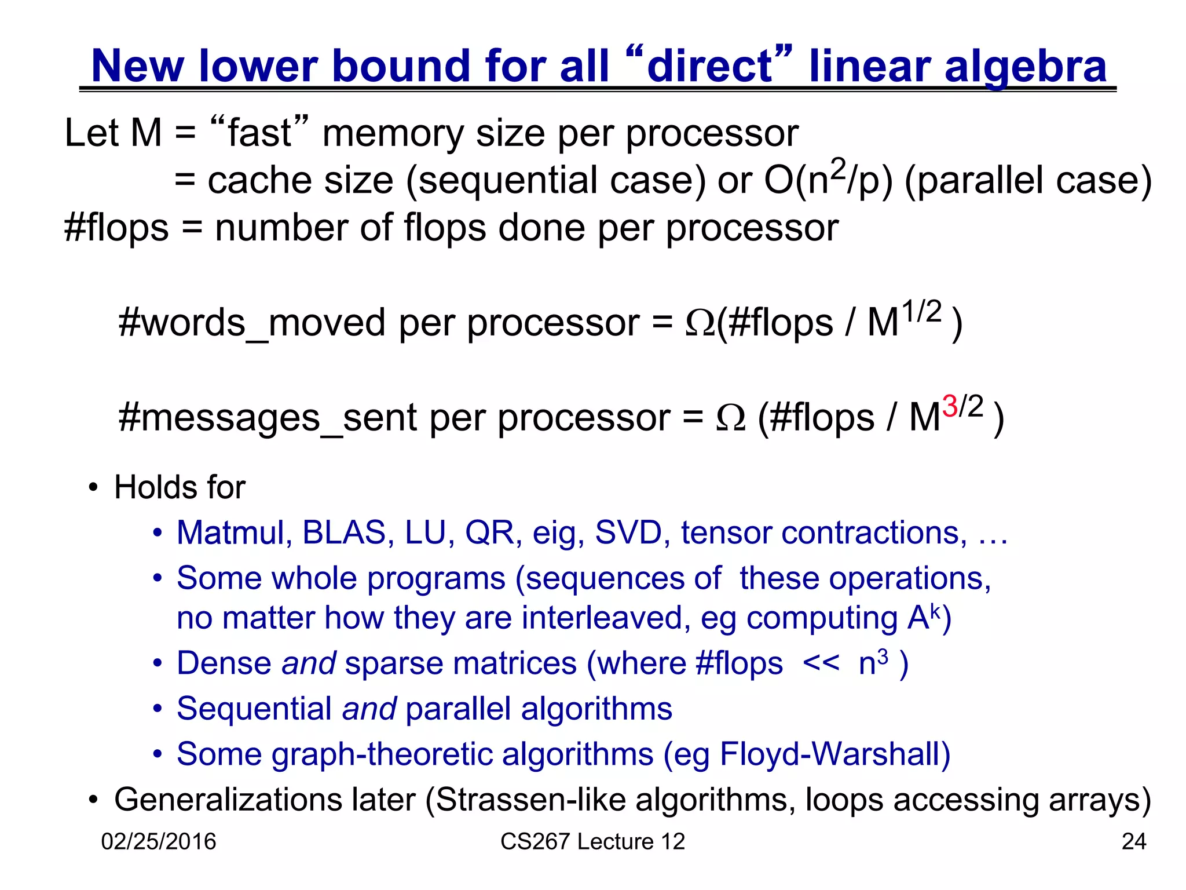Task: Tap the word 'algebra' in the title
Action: (x=1025, y=67)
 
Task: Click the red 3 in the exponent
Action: (x=949, y=406)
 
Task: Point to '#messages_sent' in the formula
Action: (x=267, y=417)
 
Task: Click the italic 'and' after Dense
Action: (x=308, y=663)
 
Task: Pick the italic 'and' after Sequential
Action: (x=369, y=709)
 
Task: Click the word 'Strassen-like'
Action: (x=530, y=800)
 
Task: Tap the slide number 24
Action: (x=1133, y=841)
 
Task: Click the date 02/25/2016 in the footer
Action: (x=158, y=841)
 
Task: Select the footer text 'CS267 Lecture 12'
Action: (x=592, y=841)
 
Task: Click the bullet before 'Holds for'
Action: (x=93, y=488)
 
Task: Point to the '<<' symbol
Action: (x=821, y=663)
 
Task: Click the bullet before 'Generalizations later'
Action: (x=93, y=801)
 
